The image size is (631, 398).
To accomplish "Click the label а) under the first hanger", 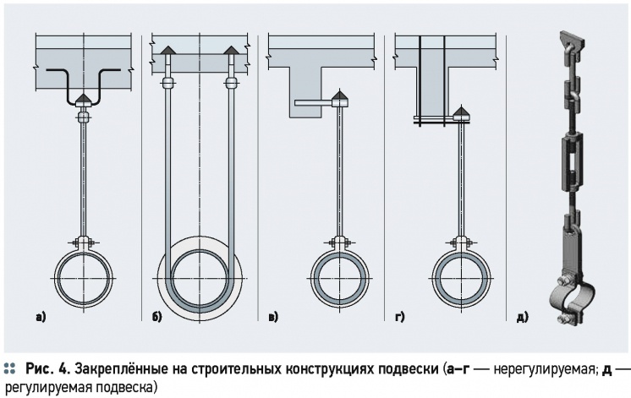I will coord(41,318).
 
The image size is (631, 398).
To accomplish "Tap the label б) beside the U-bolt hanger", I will coord(157,318).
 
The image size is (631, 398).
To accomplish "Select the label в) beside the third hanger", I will coord(272,318).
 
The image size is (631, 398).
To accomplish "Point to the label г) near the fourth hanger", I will coord(398,318).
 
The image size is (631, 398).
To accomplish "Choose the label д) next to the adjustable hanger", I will coord(521,318).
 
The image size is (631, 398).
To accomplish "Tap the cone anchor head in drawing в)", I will coord(340,98).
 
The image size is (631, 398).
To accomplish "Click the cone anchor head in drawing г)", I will coord(461,112).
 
